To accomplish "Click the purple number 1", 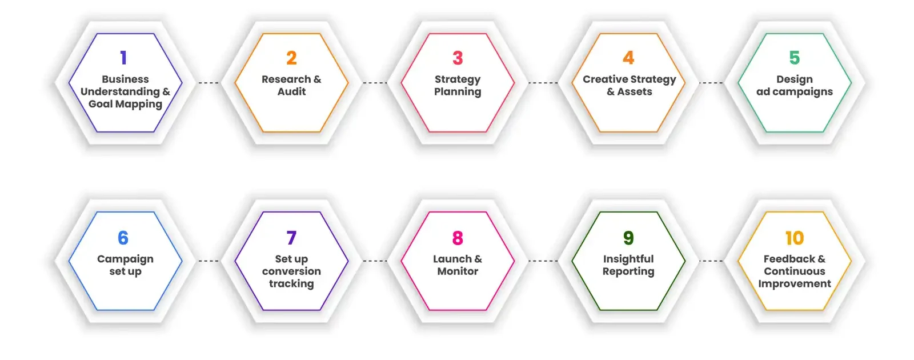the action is (123, 58).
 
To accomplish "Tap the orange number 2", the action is (291, 58).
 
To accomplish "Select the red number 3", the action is (458, 58).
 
